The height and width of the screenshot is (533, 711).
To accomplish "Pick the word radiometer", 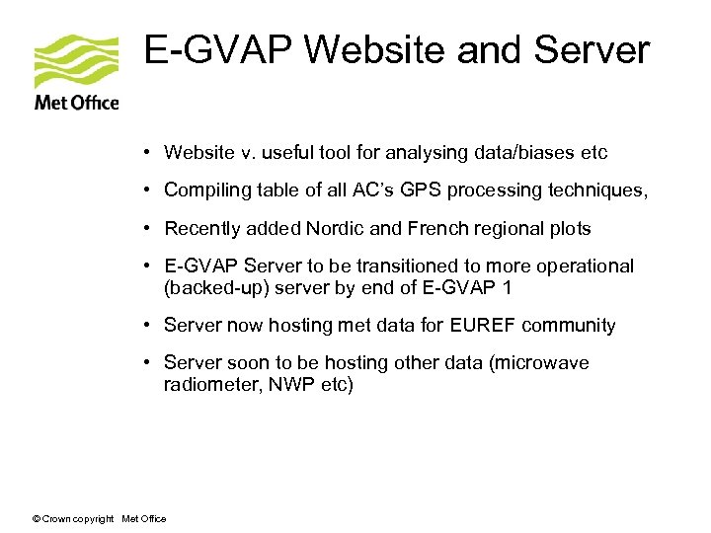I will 207,384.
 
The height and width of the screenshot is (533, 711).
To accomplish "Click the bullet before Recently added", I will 144,228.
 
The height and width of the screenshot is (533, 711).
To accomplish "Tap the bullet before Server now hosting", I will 144,325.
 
